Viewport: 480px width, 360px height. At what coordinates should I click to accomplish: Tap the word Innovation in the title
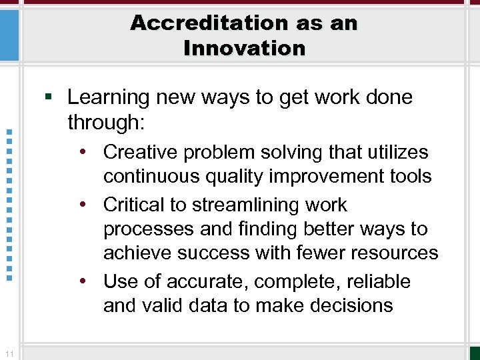click(244, 49)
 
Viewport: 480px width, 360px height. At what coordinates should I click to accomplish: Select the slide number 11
click(7, 353)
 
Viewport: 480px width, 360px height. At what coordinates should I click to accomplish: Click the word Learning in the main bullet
click(108, 98)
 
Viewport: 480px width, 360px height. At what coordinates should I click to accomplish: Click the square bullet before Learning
click(49, 99)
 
